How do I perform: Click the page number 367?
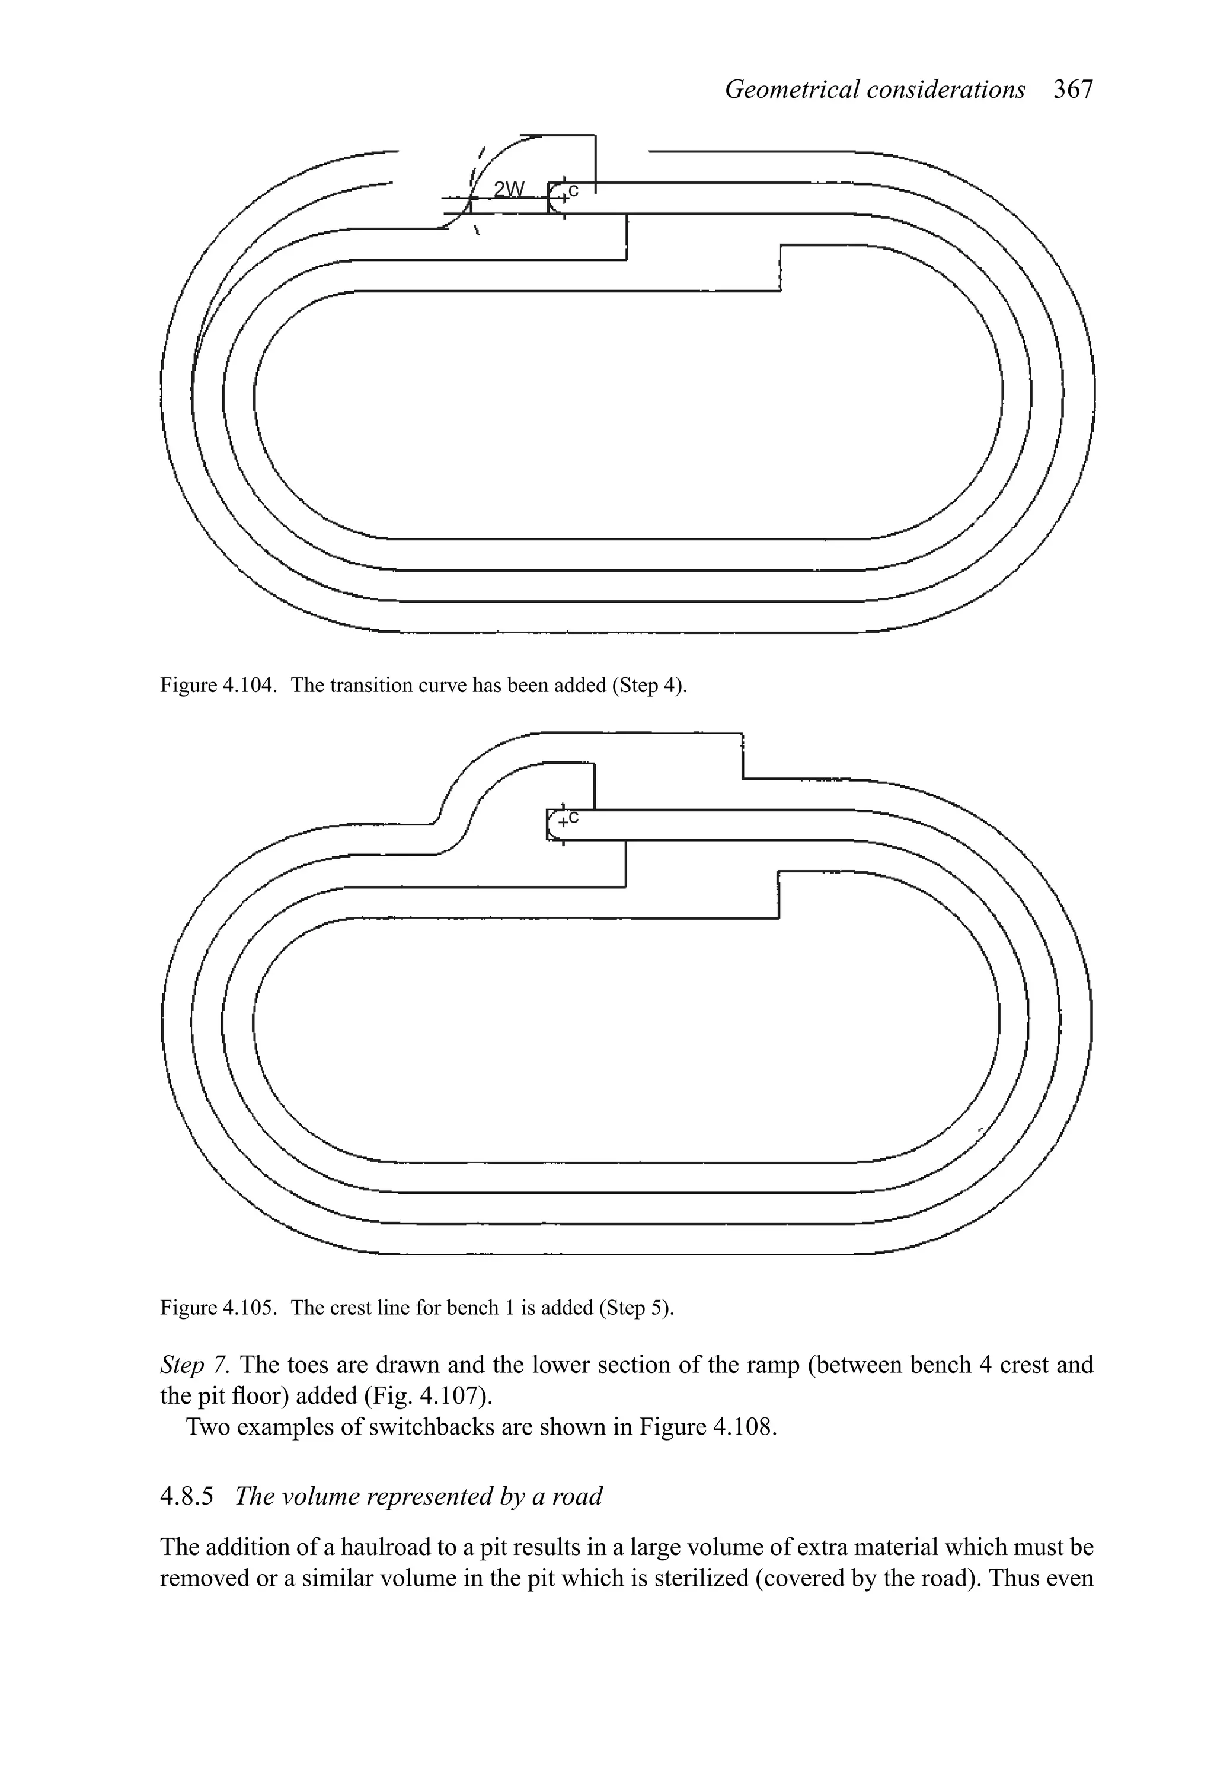(x=1073, y=90)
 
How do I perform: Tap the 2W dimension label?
(x=509, y=189)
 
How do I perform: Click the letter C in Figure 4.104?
(x=573, y=189)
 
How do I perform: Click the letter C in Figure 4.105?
(x=574, y=817)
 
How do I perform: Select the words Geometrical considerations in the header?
(x=874, y=90)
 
